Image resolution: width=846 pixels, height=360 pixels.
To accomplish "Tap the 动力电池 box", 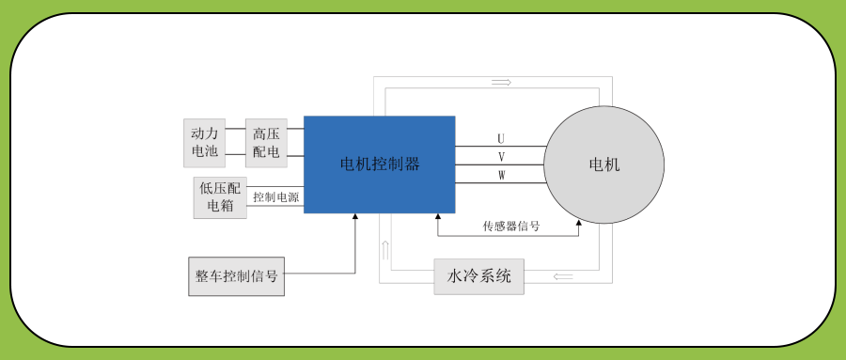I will (204, 142).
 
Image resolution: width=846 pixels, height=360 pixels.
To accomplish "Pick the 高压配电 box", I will (266, 142).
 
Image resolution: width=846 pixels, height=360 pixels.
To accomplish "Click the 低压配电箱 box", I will (221, 197).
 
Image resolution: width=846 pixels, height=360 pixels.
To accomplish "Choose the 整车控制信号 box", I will (236, 276).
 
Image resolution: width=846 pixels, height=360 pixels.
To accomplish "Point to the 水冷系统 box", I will (478, 276).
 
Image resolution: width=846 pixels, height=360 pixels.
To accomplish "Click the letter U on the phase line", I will (501, 139).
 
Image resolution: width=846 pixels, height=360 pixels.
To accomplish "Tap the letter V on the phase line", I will (501, 157).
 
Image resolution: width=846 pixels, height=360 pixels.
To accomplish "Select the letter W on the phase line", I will (501, 176).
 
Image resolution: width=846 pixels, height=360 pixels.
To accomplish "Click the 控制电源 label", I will (275, 197).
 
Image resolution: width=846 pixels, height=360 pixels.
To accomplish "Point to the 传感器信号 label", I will (510, 227).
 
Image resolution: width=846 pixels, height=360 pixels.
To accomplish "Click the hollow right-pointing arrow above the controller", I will (501, 83).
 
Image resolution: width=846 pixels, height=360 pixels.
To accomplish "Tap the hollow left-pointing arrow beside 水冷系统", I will (564, 276).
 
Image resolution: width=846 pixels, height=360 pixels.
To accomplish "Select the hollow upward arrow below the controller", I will (384, 250).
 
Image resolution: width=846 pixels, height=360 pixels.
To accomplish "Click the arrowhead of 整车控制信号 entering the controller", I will (355, 217).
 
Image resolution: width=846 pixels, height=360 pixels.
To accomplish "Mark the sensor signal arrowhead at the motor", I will (577, 223).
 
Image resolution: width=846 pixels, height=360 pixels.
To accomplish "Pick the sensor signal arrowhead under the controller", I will (438, 217).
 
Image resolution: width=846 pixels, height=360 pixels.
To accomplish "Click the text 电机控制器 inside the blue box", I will (379, 164).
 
